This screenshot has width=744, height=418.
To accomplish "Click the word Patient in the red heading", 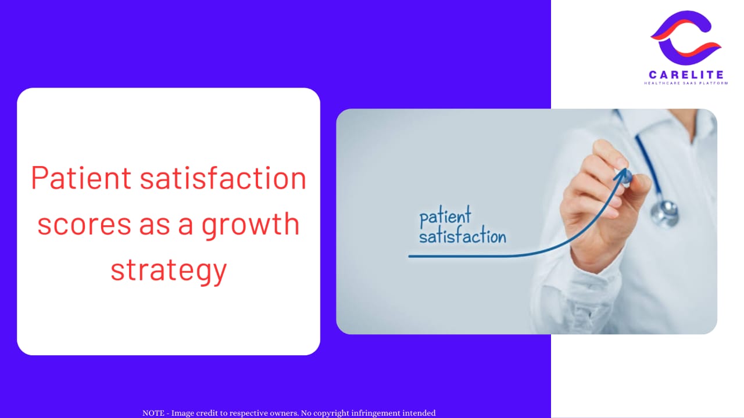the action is [x=81, y=178].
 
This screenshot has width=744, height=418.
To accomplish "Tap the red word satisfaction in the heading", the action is [x=223, y=178].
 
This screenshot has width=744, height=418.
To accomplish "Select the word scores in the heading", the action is [x=84, y=225].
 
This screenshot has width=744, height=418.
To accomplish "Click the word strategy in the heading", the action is [x=169, y=271].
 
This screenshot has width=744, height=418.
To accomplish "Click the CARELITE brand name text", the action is [x=686, y=75].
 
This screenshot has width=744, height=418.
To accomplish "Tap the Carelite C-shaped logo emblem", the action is [x=686, y=38].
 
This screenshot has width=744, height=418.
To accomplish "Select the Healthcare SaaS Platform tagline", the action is [x=686, y=83].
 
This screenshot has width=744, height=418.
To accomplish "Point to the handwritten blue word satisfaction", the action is [x=463, y=236].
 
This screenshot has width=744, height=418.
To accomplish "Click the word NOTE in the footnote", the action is [x=153, y=413].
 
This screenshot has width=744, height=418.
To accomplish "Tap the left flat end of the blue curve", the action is [x=410, y=257].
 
